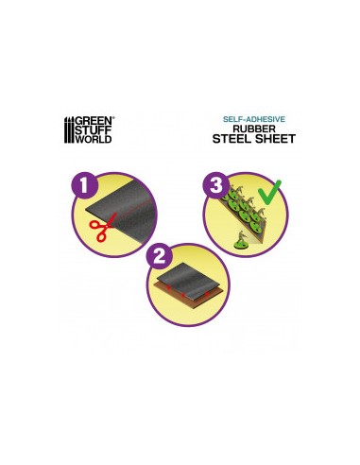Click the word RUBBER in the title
tap(249, 129)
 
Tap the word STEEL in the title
tap(233, 140)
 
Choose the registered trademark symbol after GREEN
tap(113, 118)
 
